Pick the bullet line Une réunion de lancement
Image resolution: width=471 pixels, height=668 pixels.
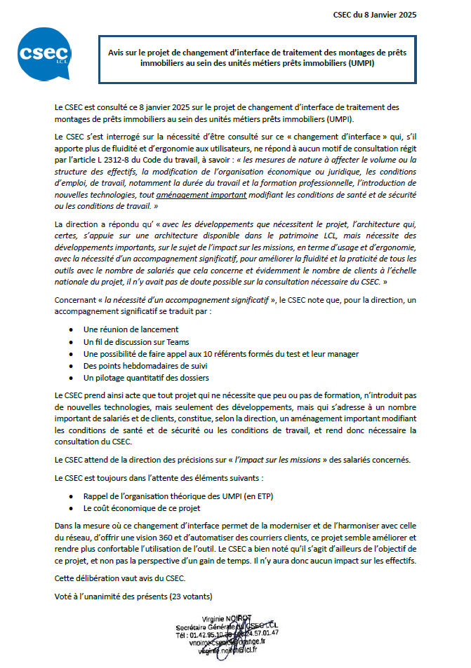[131, 329]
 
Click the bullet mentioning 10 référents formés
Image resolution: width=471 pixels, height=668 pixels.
[221, 353]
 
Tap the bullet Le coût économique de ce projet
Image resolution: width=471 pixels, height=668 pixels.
[142, 507]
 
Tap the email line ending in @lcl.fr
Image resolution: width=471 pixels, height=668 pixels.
[219, 650]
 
